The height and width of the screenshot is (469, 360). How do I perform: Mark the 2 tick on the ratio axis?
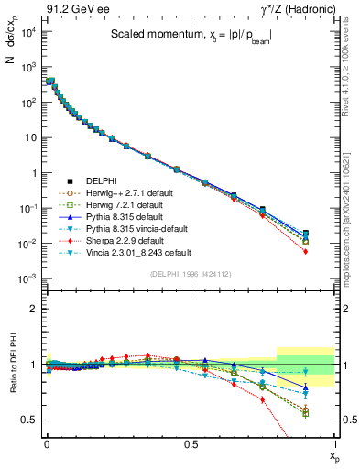[34, 309]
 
